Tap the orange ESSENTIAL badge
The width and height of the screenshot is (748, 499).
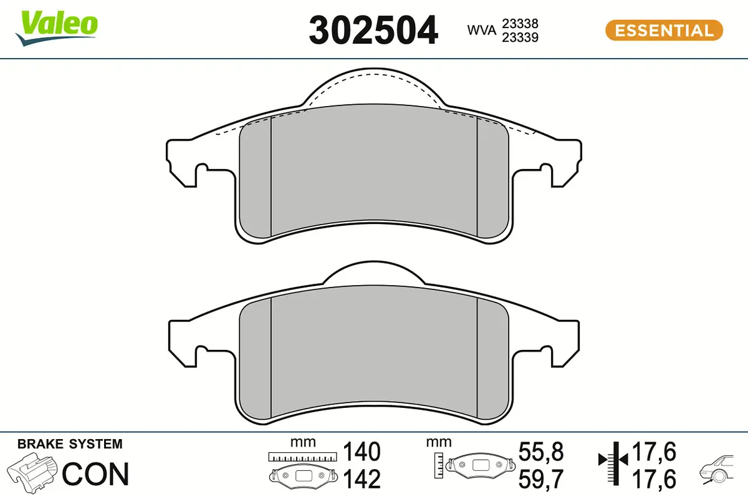click(x=664, y=30)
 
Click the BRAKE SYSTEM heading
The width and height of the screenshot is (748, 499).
click(x=70, y=444)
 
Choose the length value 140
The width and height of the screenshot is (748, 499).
click(x=362, y=451)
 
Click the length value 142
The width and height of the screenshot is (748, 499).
click(x=362, y=479)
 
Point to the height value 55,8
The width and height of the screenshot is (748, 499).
click(x=542, y=451)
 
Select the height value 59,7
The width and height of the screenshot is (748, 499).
click(x=542, y=479)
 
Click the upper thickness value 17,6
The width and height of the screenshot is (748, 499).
click(x=654, y=451)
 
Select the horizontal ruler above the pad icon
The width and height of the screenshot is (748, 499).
click(x=302, y=457)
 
